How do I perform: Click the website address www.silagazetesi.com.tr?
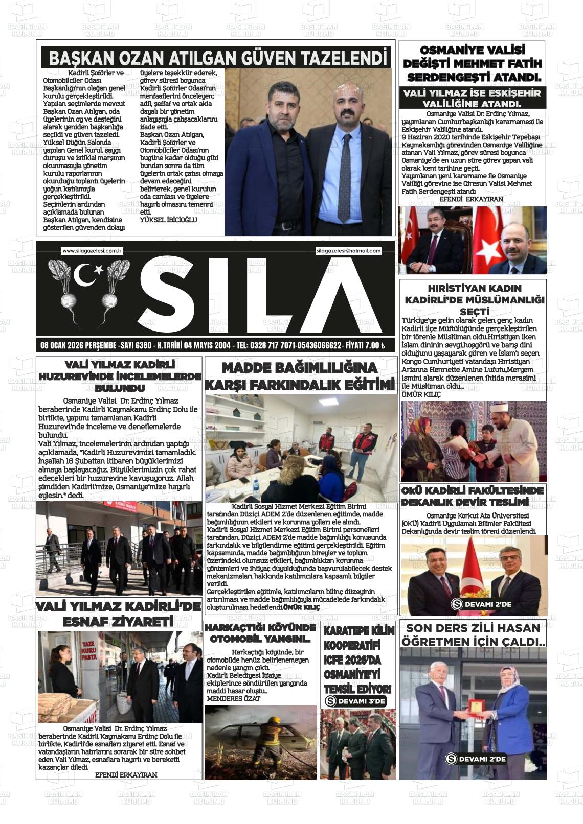pos(91,251)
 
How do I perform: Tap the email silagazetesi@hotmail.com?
pos(349,251)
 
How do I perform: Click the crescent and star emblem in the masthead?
pos(88,275)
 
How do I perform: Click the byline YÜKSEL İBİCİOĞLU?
pos(168,220)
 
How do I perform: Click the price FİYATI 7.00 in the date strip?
pos(365,346)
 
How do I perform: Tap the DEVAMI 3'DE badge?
pos(355,701)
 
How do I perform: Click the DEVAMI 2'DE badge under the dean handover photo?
pos(481,604)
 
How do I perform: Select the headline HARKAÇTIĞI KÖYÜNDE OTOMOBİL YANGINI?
pos(260,633)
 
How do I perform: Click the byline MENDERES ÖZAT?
pos(233,698)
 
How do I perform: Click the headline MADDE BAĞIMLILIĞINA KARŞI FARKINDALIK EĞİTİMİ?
pos(300,376)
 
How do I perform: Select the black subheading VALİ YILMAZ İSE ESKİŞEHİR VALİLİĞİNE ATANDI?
pos(472,98)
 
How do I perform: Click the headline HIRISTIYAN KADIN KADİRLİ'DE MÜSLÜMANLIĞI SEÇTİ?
pos(474,299)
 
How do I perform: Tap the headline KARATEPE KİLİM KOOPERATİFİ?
pos(358,660)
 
